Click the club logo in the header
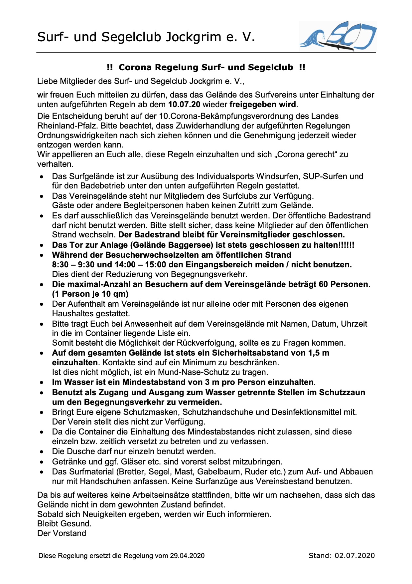338,36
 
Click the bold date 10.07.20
184,105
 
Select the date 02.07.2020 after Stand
355,555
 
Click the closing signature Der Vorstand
62,533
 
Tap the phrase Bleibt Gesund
64,524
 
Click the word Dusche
82,451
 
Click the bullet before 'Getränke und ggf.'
42,462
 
